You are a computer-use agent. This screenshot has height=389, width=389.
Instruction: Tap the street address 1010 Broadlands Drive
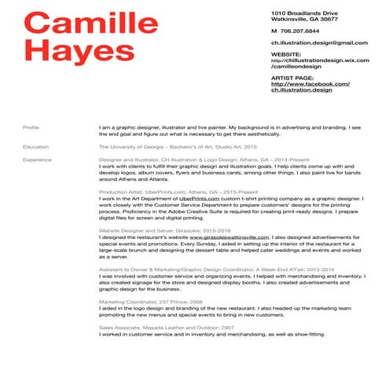pos(305,14)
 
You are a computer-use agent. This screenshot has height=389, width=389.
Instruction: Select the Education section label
pos(36,147)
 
